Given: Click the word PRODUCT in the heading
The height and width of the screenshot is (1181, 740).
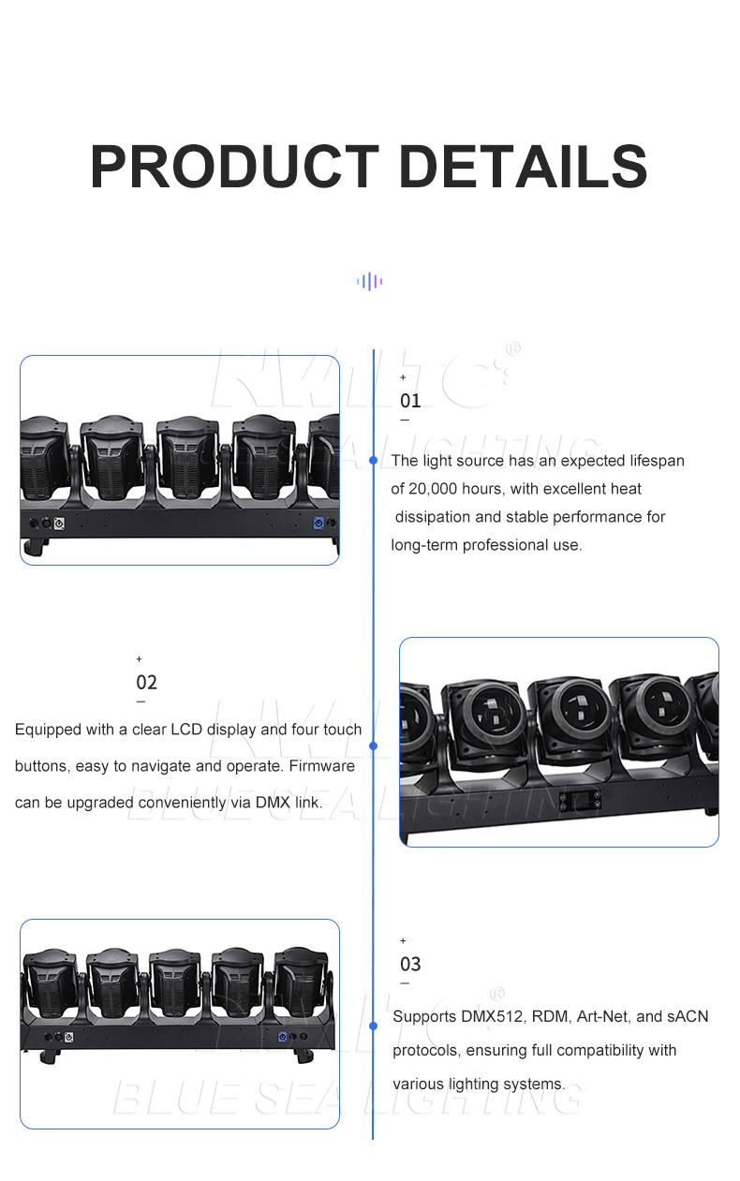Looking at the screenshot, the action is (x=235, y=166).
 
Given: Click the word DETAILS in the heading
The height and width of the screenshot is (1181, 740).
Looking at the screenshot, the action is (x=524, y=166).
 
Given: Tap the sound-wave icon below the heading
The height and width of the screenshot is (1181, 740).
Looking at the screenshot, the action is (x=369, y=282).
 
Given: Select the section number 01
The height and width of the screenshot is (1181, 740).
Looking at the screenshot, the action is (x=410, y=401).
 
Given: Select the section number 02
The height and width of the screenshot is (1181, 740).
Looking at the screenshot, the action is (x=147, y=683).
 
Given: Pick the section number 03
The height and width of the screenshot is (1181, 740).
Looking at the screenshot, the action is (x=410, y=965).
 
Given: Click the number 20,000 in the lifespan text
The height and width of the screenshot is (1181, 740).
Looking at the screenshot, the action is (x=433, y=489).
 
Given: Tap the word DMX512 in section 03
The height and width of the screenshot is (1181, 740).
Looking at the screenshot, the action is (x=492, y=1016).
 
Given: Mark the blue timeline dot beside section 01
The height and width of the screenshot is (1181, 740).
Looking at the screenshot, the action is (x=374, y=460).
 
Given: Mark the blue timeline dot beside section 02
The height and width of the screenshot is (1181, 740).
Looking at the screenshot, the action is (x=374, y=746).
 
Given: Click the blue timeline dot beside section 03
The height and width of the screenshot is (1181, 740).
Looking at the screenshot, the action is (x=374, y=1026).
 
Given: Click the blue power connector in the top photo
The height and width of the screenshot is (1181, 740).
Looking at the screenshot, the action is (x=318, y=523).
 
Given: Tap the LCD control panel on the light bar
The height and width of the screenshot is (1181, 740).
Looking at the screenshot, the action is (x=580, y=801).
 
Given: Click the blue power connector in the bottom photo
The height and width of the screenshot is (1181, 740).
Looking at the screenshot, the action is (x=283, y=1037).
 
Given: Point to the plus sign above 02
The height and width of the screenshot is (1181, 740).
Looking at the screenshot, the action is (x=140, y=659).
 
